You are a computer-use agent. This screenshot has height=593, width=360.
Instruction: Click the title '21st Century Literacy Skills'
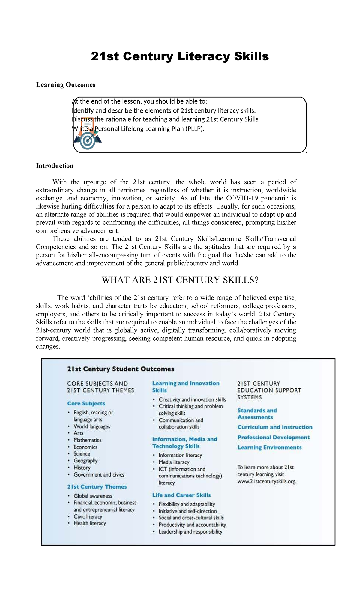180,56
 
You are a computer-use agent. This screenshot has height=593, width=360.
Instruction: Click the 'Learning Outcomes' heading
65,85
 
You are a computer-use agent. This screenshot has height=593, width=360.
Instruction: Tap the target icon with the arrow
88,140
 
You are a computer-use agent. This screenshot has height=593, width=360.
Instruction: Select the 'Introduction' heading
55,166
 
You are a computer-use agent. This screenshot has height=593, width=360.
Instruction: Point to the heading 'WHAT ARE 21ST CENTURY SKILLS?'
180,280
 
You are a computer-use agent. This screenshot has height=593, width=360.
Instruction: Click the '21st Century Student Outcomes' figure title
121,369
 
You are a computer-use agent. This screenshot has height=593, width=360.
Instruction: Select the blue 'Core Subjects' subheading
86,404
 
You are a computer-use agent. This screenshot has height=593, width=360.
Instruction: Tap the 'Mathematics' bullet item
88,440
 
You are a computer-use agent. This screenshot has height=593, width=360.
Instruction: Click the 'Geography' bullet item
86,461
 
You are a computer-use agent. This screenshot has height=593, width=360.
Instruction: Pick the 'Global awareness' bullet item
93,496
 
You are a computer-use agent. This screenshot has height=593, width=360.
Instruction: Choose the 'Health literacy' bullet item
90,523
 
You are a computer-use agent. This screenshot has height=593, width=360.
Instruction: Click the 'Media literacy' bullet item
174,462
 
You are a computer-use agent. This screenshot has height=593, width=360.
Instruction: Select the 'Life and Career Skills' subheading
181,495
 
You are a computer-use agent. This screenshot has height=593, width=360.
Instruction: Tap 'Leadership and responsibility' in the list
190,532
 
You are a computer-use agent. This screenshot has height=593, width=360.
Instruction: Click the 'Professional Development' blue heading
274,438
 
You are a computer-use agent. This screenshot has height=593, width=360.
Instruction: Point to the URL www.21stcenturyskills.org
267,482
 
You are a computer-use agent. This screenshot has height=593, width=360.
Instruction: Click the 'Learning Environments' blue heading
269,447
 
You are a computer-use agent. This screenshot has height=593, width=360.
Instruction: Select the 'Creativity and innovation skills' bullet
192,400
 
